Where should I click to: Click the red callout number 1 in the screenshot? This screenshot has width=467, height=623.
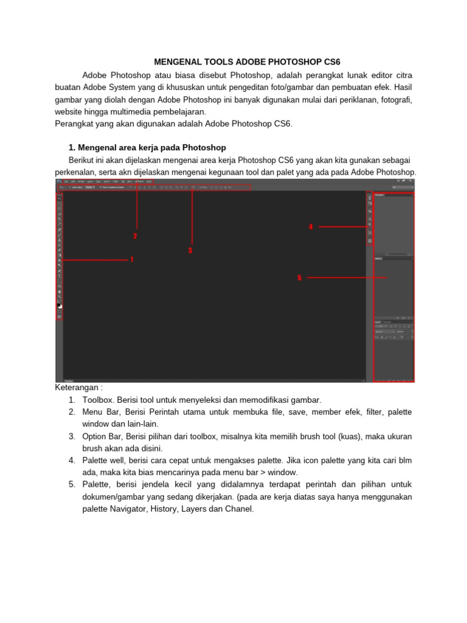click(131, 259)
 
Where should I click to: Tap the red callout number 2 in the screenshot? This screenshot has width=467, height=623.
click(135, 236)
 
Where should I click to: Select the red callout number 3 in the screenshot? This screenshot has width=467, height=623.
click(190, 250)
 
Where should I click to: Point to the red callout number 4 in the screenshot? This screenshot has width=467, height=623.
click(311, 226)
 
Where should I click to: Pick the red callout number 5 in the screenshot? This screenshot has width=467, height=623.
click(299, 277)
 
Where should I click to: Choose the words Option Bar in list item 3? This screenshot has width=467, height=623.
click(105, 436)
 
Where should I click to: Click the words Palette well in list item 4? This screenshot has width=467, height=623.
click(108, 461)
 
